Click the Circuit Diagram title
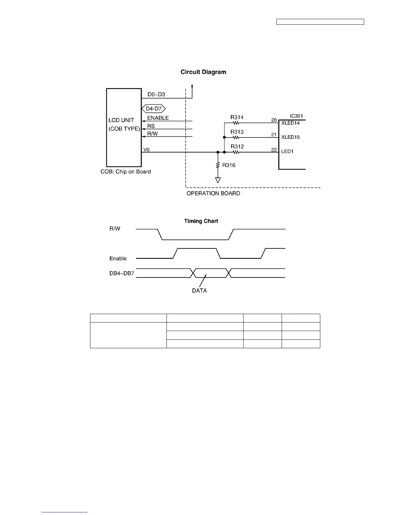click(203, 72)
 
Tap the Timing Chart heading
click(201, 221)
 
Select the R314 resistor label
click(237, 117)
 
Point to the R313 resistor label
click(237, 132)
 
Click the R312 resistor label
click(237, 147)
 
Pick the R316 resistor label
click(229, 165)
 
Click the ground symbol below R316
click(218, 180)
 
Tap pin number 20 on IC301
click(274, 120)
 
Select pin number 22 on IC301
click(274, 150)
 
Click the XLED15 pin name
click(290, 137)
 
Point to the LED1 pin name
click(287, 152)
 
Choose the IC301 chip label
click(296, 116)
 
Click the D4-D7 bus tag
click(154, 109)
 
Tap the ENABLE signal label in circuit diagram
click(158, 118)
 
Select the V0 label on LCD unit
click(146, 150)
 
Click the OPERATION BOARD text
click(213, 193)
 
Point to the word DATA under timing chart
click(199, 291)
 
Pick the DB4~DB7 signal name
click(122, 273)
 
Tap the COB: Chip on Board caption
click(126, 172)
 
